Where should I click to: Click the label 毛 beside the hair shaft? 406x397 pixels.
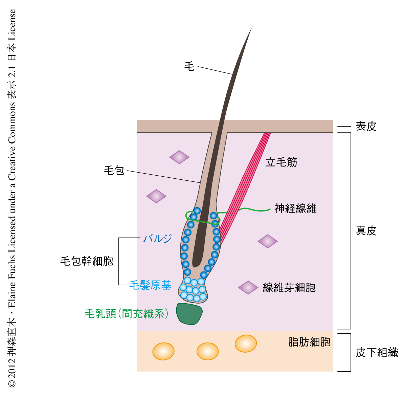point(189,66)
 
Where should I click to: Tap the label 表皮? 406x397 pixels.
point(366,127)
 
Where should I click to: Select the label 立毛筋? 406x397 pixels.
point(281,162)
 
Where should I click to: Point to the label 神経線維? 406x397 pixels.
point(295,208)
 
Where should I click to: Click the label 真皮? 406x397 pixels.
point(366,231)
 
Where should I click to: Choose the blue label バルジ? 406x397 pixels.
point(157,239)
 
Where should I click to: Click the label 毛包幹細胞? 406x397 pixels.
point(87,261)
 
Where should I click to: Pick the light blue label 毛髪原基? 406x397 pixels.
point(150,285)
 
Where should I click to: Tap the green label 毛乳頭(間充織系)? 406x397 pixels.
point(127,314)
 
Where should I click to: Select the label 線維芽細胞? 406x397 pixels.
point(289,288)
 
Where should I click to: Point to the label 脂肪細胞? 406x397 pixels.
point(309,342)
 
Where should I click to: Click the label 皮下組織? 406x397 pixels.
point(377,353)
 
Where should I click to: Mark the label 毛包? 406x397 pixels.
point(114,170)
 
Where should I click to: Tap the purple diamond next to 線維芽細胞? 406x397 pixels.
point(248,287)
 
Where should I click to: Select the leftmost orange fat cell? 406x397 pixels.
point(163,351)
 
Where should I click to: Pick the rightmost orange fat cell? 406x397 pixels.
point(246,344)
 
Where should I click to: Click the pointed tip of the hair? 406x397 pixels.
point(252,26)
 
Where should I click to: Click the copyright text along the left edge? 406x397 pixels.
point(12,198)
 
